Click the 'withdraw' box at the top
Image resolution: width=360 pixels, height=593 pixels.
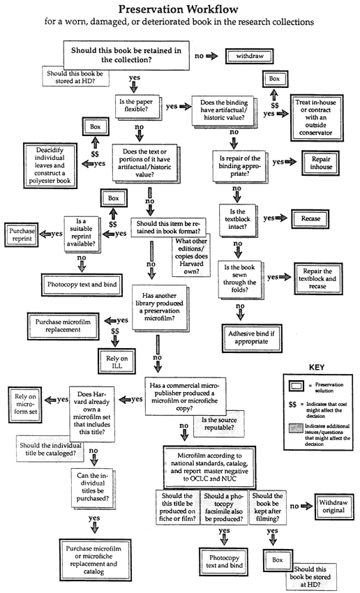[249, 56]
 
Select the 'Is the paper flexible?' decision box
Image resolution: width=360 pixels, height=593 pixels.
[137, 105]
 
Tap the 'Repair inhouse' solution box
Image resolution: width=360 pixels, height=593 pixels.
[321, 163]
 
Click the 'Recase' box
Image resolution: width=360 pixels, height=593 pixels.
[310, 218]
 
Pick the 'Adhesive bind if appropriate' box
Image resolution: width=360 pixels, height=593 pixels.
[251, 338]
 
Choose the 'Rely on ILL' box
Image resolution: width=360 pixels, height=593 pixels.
[117, 362]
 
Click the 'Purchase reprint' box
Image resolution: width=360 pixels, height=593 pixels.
[22, 235]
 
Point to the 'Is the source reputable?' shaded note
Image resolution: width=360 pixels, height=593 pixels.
[218, 424]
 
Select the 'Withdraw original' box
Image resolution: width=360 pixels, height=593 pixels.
[333, 506]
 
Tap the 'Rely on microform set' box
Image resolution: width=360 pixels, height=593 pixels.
[25, 404]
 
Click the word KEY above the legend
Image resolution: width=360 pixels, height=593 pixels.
[317, 367]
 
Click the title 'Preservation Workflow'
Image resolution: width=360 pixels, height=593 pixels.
[179, 9]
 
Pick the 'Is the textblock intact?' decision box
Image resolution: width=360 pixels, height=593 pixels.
[237, 219]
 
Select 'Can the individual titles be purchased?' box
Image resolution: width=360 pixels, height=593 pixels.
[93, 487]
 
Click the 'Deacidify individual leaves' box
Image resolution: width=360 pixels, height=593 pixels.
[50, 165]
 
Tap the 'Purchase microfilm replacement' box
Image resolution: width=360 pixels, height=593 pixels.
[63, 326]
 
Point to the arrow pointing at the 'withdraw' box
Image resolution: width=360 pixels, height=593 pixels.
[212, 56]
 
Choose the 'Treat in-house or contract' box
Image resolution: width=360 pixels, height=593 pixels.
[315, 117]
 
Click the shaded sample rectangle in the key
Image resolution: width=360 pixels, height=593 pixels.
[296, 429]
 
